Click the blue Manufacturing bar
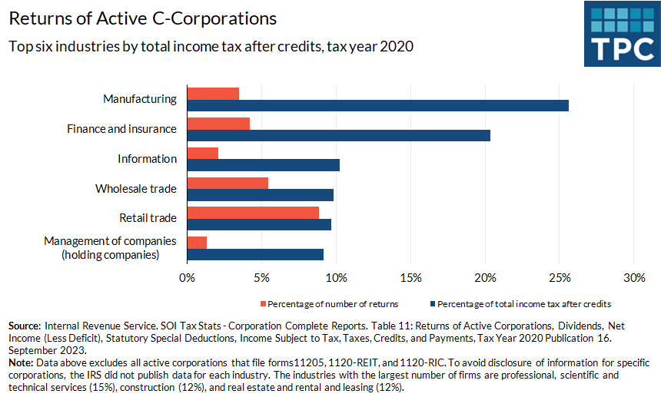(x=377, y=105)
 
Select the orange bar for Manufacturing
(x=213, y=94)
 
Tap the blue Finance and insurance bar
(x=338, y=135)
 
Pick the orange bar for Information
(x=203, y=153)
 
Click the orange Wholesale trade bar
(x=228, y=183)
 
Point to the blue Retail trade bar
(x=259, y=224)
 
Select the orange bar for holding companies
(x=197, y=243)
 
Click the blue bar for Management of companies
(x=255, y=254)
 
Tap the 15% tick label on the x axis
(x=410, y=277)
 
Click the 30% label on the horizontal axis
(x=633, y=277)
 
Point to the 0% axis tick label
(x=187, y=277)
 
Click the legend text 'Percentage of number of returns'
(x=333, y=304)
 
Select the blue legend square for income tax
(x=433, y=304)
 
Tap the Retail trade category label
(x=148, y=218)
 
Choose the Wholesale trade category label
(x=135, y=188)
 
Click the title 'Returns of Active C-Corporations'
(x=143, y=18)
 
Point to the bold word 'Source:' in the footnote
(x=25, y=326)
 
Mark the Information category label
(x=147, y=159)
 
